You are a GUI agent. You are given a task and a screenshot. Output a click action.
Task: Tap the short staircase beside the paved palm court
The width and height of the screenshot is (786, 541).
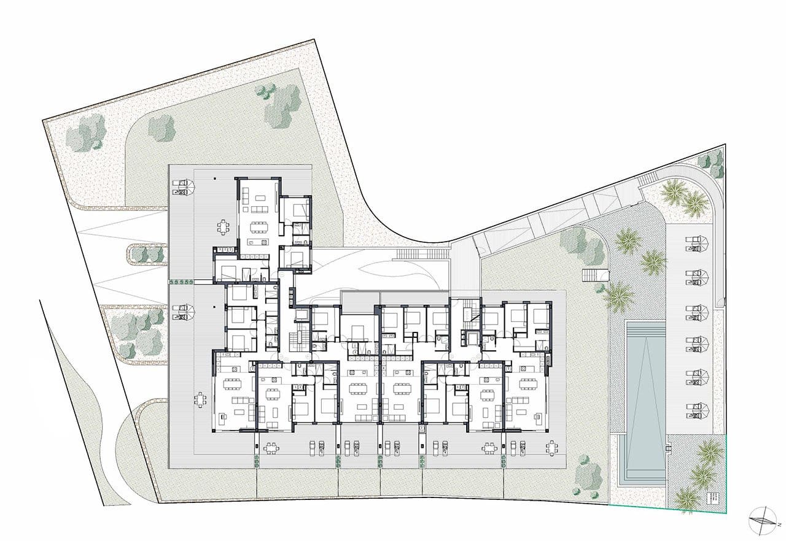(594, 275)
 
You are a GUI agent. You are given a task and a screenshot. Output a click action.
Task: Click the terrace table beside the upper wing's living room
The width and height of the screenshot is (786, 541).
(222, 228)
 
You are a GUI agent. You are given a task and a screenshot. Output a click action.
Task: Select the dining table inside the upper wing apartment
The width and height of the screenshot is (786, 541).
(259, 225)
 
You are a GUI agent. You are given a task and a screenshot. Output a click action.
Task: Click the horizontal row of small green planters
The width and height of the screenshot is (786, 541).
(182, 282)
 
